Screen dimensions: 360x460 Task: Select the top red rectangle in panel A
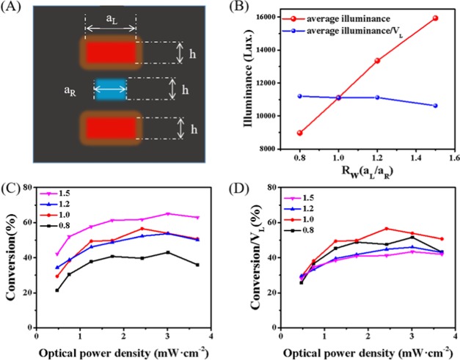point(111,52)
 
